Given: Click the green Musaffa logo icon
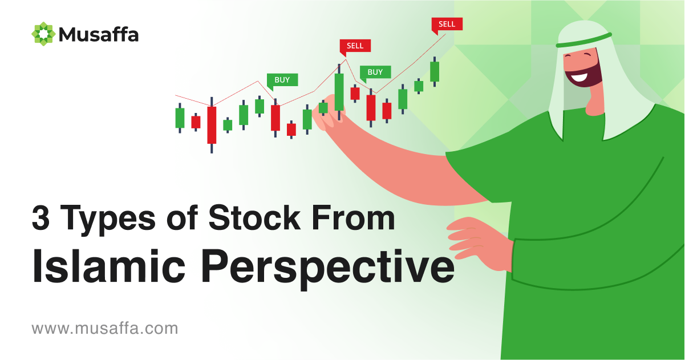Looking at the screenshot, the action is pyautogui.click(x=43, y=34).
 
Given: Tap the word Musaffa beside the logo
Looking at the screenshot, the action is pyautogui.click(x=99, y=34).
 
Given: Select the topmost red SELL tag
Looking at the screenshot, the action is pyautogui.click(x=447, y=25).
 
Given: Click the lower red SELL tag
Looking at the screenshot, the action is pyautogui.click(x=355, y=47).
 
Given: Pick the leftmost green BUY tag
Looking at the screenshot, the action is pyautogui.click(x=282, y=81).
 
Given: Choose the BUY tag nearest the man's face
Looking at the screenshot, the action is pyautogui.click(x=375, y=73).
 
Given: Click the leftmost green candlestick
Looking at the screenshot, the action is pyautogui.click(x=180, y=118).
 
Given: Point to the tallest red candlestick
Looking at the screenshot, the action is pyautogui.click(x=212, y=125).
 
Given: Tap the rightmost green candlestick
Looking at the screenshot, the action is pyautogui.click(x=435, y=71).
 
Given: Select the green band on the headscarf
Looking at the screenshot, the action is pyautogui.click(x=584, y=41).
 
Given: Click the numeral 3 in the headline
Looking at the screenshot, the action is pyautogui.click(x=40, y=219).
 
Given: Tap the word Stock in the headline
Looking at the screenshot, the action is pyautogui.click(x=254, y=217).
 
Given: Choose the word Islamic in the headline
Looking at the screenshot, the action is pyautogui.click(x=108, y=266).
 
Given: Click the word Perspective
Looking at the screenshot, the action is pyautogui.click(x=327, y=269).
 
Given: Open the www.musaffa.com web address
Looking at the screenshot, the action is pyautogui.click(x=105, y=329).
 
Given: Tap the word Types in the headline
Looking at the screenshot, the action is pyautogui.click(x=108, y=220).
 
